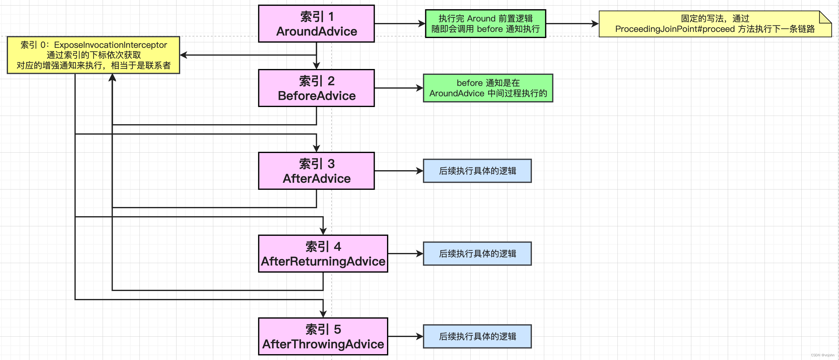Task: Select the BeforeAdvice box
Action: coord(316,88)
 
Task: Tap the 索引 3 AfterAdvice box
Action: coord(316,171)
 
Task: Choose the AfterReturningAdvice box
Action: coord(323,254)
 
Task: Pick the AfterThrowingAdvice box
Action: coord(323,336)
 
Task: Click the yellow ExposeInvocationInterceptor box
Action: coord(93,55)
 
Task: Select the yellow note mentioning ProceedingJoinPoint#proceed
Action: coord(715,24)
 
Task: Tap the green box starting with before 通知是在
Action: coord(488,88)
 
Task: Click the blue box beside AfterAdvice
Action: coord(477,171)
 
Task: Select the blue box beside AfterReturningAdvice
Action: coord(477,254)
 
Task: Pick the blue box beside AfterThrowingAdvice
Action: coord(477,336)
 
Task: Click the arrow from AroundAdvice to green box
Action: coord(400,23)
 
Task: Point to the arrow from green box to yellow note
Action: coord(572,23)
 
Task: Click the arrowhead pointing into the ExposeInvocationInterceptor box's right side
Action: coord(184,55)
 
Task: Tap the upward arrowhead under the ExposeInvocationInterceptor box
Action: coord(112,78)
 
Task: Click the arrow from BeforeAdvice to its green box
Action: coord(399,88)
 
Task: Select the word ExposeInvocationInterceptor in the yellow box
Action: coord(110,45)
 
